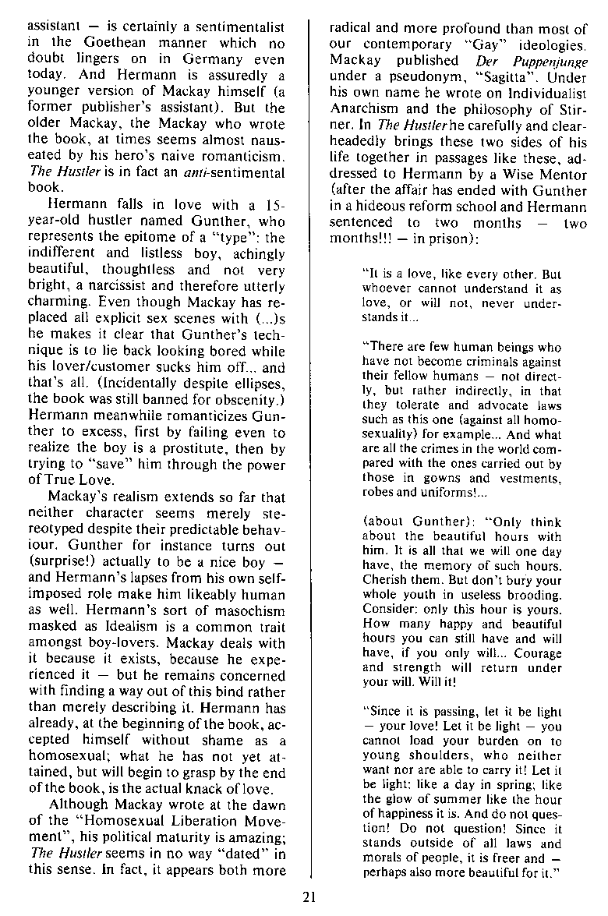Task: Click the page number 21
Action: point(309,897)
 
